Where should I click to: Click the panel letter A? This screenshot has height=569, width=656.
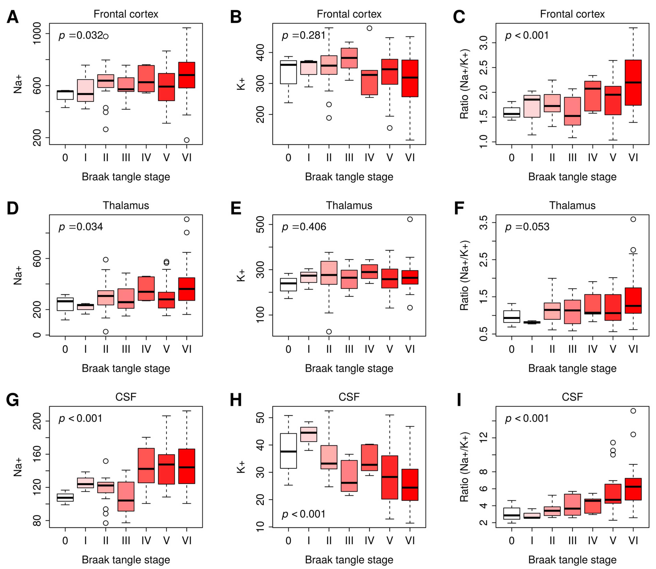(x=13, y=17)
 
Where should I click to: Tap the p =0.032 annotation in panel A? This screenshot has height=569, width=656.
(x=81, y=35)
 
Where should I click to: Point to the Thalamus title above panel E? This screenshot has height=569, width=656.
(x=349, y=205)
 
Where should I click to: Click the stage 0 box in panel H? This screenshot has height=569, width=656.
(x=288, y=451)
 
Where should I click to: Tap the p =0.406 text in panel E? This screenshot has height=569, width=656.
(x=304, y=227)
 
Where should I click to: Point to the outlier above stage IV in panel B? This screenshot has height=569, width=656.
(x=369, y=28)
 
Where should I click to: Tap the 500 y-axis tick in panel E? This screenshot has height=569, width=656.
(x=261, y=225)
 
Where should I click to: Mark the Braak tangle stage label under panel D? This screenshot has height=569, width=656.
(x=126, y=368)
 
